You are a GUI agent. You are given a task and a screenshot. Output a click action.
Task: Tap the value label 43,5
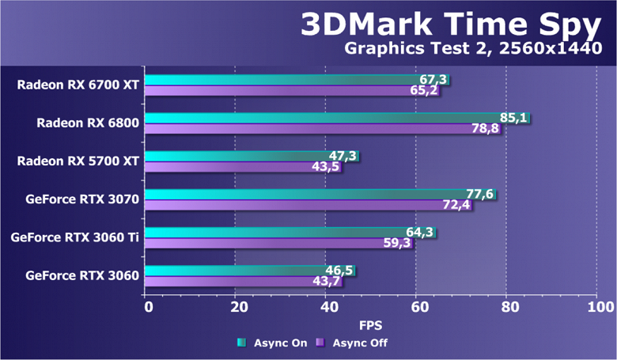[x=327, y=167]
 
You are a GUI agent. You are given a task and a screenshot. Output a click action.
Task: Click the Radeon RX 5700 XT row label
[x=78, y=161]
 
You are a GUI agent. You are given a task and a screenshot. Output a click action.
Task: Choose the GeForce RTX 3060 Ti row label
[x=75, y=237]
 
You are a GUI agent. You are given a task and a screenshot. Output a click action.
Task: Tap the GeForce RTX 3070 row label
[x=81, y=199]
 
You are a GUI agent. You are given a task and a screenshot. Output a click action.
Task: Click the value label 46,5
[x=339, y=271]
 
